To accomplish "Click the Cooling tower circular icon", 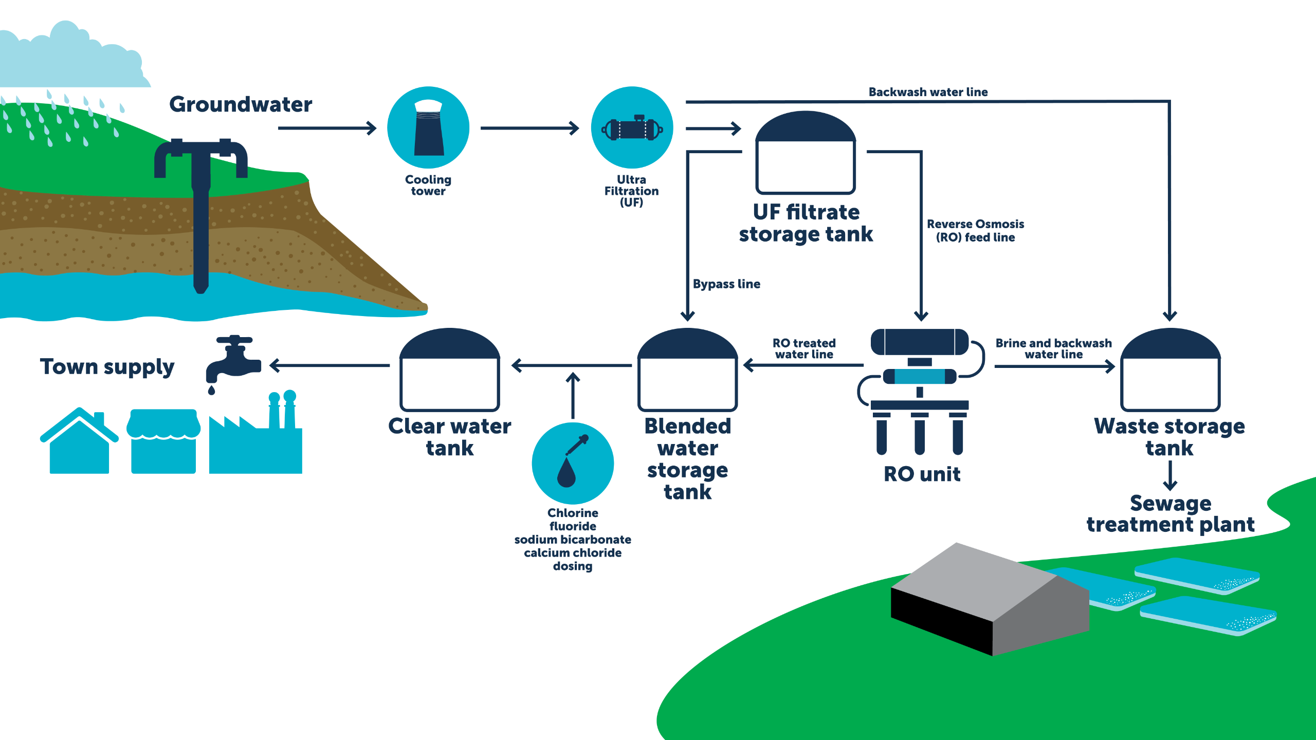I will tap(428, 127).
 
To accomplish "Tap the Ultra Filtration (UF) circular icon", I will tap(632, 127).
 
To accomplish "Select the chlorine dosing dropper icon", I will tap(573, 462).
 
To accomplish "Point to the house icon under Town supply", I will tap(79, 442).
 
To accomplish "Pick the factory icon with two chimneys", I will tap(256, 437).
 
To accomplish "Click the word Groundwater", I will tap(241, 104).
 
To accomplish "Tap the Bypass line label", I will tap(726, 284).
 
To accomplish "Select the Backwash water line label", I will tap(928, 92).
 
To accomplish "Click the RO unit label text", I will tap(922, 474).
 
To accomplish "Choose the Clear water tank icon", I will tap(450, 370).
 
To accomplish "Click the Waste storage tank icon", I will tap(1170, 370).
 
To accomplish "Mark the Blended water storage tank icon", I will tap(687, 370).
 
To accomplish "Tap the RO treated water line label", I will tap(804, 348).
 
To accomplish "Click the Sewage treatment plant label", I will tap(1171, 514).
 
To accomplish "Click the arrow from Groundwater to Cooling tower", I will tap(327, 128).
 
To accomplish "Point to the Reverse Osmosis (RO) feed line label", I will tap(975, 231).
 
